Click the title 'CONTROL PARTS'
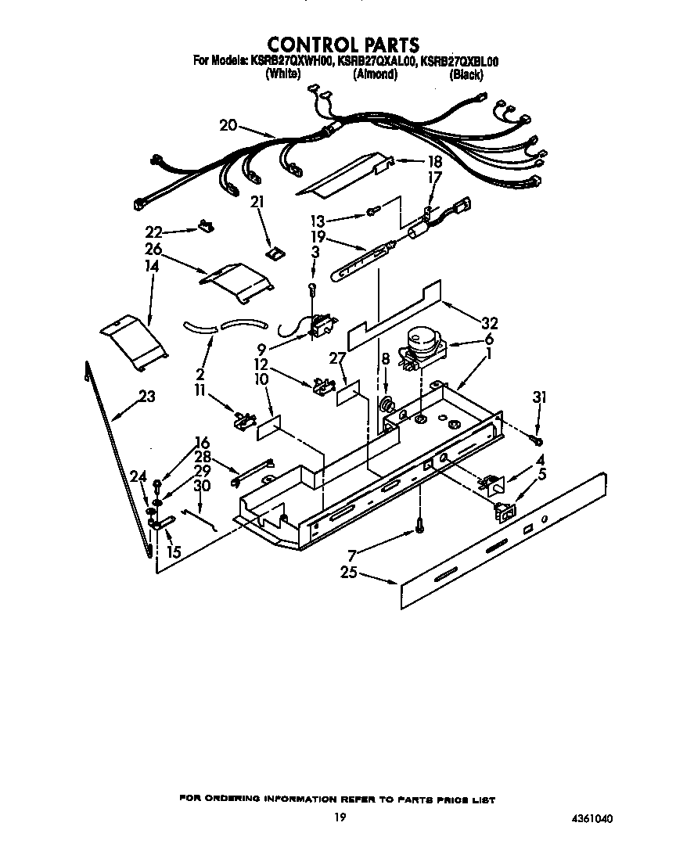(x=343, y=45)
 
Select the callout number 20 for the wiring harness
(x=228, y=125)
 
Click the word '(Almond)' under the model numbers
(x=375, y=75)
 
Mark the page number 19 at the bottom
(x=338, y=817)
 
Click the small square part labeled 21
(x=275, y=253)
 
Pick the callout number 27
(x=337, y=358)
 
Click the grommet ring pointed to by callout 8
(x=387, y=406)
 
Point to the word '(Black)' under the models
(x=466, y=75)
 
